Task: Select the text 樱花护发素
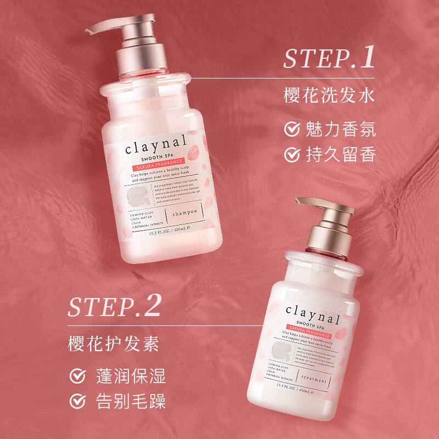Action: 114,344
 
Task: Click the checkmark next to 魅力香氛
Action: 291,130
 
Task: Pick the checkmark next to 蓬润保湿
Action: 77,377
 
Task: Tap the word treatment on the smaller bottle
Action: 314,380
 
